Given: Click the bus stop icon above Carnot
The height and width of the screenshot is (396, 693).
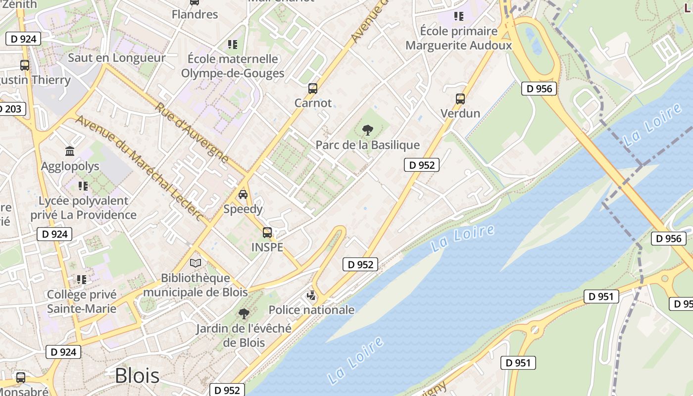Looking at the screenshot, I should tap(312, 89).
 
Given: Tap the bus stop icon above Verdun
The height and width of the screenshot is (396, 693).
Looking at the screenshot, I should tap(460, 99).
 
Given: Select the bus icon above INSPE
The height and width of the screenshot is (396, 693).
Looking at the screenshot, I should tap(267, 232).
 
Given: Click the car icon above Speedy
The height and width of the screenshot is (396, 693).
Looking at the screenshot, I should tap(243, 194).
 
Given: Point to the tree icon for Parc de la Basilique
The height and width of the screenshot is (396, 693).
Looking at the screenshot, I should tap(367, 130).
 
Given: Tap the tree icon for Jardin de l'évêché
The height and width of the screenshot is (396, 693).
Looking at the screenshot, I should tap(244, 313).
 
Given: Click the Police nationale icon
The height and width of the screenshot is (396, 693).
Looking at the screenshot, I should tap(311, 296).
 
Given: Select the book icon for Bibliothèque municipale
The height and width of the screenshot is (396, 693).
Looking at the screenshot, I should tap(196, 263).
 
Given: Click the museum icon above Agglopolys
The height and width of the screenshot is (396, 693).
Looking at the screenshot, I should tap(70, 151).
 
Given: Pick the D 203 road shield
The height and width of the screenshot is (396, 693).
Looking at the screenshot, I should tap(11, 109).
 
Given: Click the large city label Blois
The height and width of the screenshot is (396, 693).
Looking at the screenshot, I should tap(137, 376).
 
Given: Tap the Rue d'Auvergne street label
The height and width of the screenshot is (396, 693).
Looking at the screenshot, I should tap(192, 133).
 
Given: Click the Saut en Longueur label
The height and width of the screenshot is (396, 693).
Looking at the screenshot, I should tap(117, 57).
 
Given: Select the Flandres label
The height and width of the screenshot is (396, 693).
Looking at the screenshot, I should tap(195, 14).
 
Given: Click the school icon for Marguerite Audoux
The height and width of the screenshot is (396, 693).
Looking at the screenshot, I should tap(458, 16).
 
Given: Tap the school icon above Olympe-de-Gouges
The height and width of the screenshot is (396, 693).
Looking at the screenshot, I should tap(233, 45).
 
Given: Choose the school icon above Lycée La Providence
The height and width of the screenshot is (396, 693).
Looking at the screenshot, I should tap(83, 186).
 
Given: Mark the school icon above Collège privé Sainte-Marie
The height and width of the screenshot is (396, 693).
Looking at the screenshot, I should tap(82, 280).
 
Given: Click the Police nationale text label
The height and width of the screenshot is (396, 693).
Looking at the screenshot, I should tap(311, 310).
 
